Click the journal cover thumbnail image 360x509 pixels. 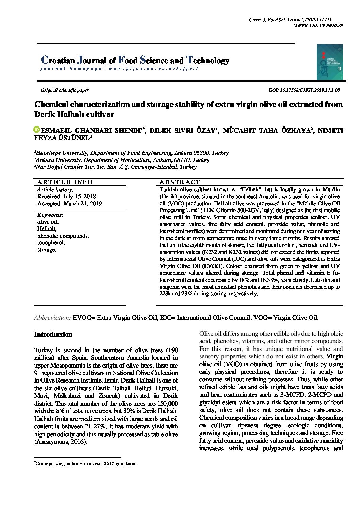[x=329, y=62]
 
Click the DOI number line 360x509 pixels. [x=304, y=90]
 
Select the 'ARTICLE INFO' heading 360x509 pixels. [x=65, y=182]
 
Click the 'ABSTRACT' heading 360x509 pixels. [x=180, y=182]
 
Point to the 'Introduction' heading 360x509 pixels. [x=53, y=334]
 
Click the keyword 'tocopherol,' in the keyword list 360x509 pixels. [x=51, y=243]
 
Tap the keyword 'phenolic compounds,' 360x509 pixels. [x=63, y=236]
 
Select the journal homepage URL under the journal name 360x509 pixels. [x=119, y=68]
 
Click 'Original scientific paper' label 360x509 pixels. [x=65, y=90]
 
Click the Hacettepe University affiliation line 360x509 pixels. [x=131, y=153]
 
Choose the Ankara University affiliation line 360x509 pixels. [x=122, y=160]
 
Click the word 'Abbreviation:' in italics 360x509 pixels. [x=52, y=318]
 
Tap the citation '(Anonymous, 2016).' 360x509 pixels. [x=61, y=442]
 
